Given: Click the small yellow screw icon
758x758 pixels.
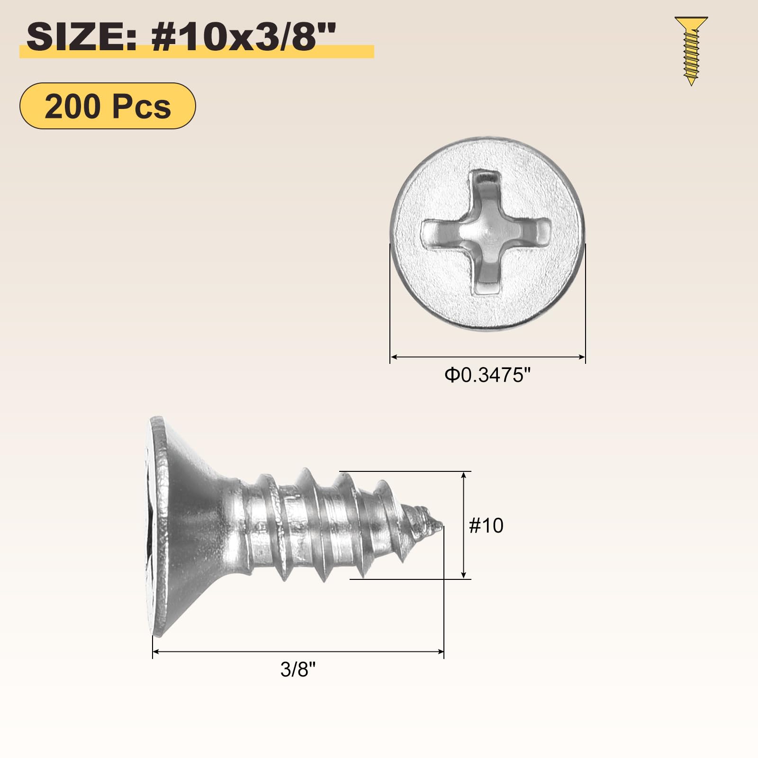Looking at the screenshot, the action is tap(691, 51).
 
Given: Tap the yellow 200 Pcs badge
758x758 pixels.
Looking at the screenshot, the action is tap(108, 106).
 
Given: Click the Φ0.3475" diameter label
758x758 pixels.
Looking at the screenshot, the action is tap(487, 375).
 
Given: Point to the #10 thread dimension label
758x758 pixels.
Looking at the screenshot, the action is tap(486, 525).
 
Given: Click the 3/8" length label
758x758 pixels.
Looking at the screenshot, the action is tap(298, 669).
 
